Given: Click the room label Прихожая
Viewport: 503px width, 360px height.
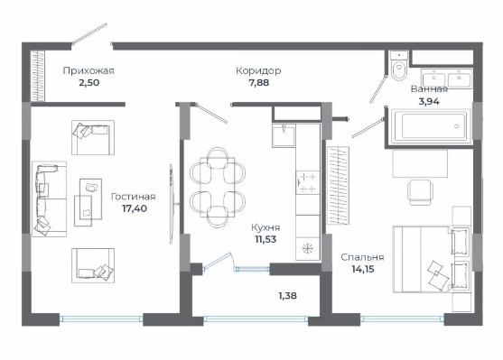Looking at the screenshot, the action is tap(88, 70).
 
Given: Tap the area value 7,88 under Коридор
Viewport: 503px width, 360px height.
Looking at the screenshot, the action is tap(259, 83).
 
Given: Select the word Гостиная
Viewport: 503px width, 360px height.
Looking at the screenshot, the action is tap(133, 196).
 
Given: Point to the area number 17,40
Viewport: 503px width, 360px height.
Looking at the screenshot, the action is tap(135, 208).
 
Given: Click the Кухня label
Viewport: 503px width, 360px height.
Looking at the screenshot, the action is tap(265, 227).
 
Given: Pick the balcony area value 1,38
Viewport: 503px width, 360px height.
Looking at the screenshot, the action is tap(287, 296).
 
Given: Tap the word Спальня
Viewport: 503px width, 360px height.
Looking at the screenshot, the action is tap(362, 257).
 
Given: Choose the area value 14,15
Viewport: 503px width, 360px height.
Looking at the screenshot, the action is tap(363, 269).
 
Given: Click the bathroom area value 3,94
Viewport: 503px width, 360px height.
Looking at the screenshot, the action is tap(429, 102).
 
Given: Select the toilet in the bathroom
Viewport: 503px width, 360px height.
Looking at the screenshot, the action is tap(399, 66).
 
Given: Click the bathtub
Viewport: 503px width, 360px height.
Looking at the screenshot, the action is tap(430, 126).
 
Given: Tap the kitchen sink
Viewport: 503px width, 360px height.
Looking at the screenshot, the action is tap(284, 135).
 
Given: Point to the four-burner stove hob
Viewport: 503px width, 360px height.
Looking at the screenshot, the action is tap(307, 182).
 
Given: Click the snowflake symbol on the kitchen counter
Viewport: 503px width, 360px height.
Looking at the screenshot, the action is tap(308, 248).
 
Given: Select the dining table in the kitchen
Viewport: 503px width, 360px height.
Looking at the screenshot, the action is tap(217, 188).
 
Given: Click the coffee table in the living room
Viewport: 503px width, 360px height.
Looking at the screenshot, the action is tap(88, 203).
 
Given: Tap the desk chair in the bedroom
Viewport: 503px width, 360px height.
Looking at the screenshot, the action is tap(420, 192).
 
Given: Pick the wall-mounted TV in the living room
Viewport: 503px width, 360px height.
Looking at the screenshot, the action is tap(172, 204).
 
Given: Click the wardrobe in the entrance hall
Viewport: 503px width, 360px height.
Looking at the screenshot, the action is tap(38, 77).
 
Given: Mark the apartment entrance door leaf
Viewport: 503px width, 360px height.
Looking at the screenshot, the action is tap(89, 33).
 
